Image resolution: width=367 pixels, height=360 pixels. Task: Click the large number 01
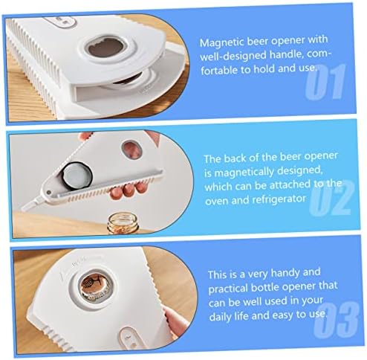325,82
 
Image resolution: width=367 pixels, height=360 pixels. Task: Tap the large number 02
331,198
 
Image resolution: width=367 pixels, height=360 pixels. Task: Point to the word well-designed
233,57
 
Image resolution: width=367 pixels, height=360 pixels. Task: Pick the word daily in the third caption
221,317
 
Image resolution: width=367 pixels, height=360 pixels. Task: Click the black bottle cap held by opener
77,176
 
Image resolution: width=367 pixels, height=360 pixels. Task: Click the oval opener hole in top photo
106,49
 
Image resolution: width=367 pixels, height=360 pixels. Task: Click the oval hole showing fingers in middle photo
131,149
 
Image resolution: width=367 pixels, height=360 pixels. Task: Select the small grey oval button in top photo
60,22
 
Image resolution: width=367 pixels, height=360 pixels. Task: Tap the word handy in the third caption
283,274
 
